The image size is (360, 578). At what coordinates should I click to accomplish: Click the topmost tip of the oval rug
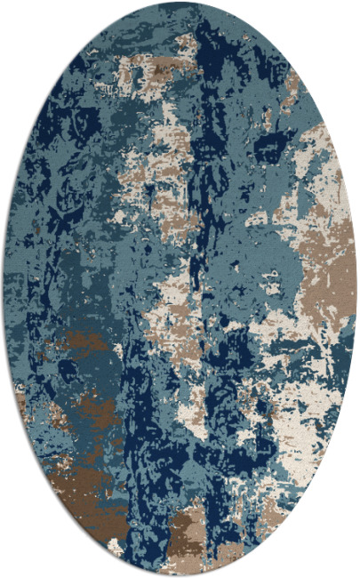point(180,3)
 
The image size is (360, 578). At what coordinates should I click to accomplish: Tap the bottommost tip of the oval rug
point(180,575)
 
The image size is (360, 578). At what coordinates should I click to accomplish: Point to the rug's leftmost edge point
point(4,289)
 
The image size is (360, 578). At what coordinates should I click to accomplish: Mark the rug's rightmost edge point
point(356,289)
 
